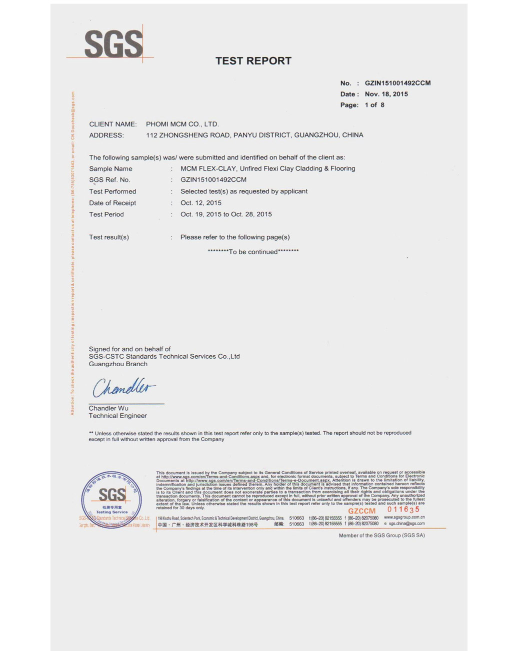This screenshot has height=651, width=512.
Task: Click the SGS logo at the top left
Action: click(x=113, y=43)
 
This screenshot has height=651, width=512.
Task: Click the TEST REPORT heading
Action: click(x=253, y=61)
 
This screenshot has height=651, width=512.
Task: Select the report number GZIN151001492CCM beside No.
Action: click(x=397, y=83)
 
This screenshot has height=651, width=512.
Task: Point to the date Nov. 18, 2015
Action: click(x=386, y=94)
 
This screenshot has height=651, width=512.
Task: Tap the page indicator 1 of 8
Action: click(x=374, y=105)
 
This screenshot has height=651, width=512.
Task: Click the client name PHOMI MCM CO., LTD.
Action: click(x=182, y=124)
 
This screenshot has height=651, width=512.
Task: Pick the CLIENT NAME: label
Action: click(x=112, y=124)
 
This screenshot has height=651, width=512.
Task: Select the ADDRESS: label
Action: click(x=106, y=135)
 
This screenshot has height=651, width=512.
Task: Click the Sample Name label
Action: click(x=110, y=169)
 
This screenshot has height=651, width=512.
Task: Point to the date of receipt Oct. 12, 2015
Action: click(x=200, y=203)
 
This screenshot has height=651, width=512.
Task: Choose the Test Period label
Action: click(x=106, y=214)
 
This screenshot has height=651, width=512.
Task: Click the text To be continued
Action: click(x=253, y=252)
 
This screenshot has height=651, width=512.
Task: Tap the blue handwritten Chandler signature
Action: click(x=123, y=387)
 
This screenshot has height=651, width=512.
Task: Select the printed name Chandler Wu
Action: click(x=108, y=408)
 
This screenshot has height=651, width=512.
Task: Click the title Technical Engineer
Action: click(x=117, y=416)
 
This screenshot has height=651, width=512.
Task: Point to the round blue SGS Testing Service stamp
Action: click(x=111, y=499)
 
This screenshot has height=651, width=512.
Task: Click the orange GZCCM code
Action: click(x=361, y=511)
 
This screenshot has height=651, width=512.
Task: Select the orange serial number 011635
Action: click(x=403, y=509)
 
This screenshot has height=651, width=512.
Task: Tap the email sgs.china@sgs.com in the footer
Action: click(x=406, y=524)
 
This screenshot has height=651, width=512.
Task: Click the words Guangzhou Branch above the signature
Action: click(x=118, y=364)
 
